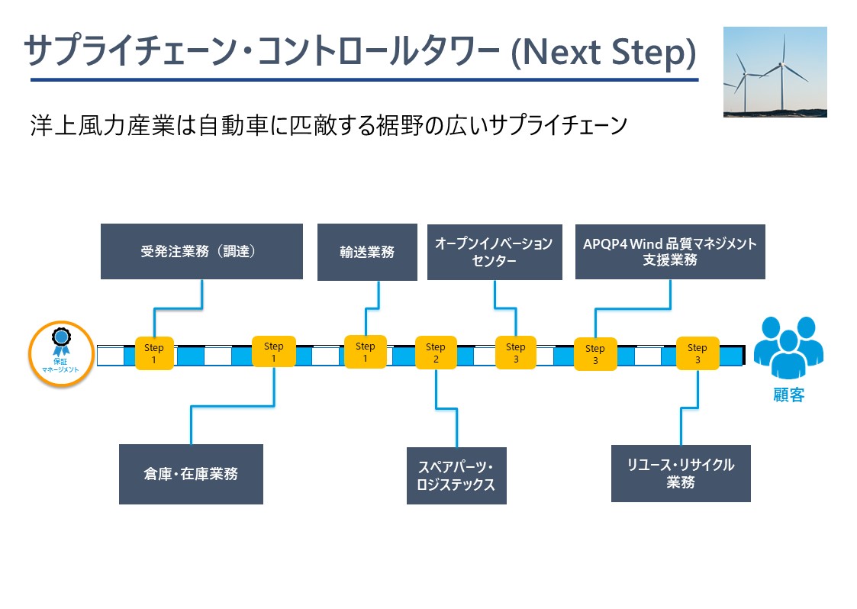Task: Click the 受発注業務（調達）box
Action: (201, 252)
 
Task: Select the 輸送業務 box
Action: (367, 252)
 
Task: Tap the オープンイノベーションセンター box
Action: (495, 252)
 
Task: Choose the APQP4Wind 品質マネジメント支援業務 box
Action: (670, 252)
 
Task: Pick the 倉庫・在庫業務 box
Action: (192, 474)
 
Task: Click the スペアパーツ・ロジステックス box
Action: (456, 475)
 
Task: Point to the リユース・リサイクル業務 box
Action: (681, 473)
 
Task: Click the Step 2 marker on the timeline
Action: (436, 353)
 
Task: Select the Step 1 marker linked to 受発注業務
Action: (154, 353)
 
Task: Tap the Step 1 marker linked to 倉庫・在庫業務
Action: (274, 352)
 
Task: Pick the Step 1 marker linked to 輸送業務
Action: (365, 352)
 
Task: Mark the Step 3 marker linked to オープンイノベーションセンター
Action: (515, 353)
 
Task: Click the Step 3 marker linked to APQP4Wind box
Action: (595, 354)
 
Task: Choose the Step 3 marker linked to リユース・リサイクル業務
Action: (698, 353)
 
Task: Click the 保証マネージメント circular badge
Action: (61, 353)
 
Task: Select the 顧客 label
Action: (788, 395)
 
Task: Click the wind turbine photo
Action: (775, 72)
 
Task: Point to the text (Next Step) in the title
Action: (604, 53)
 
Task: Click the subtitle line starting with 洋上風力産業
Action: (329, 125)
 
